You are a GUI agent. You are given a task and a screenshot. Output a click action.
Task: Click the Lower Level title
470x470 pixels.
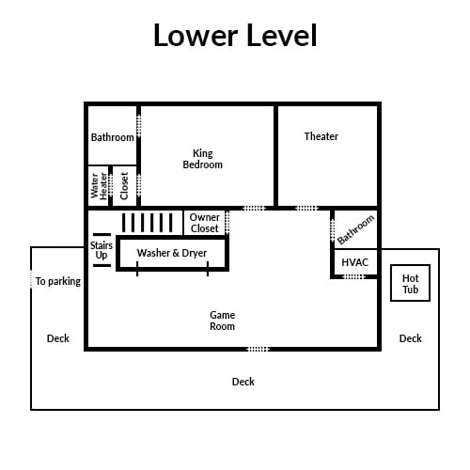[x=235, y=35]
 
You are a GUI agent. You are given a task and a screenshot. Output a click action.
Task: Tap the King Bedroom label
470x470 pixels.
[x=203, y=159]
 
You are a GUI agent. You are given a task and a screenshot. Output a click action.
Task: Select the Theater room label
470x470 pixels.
[x=321, y=136]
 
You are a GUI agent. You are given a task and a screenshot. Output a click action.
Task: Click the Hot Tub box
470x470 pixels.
[x=410, y=283]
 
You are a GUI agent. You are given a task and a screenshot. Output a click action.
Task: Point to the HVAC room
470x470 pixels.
[x=354, y=262]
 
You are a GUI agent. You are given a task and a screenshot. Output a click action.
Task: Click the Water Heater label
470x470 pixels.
[x=99, y=186]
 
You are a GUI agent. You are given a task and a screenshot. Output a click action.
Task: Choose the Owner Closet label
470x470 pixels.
[x=205, y=223]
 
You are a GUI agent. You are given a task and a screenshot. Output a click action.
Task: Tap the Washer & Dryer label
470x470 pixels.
[x=172, y=253]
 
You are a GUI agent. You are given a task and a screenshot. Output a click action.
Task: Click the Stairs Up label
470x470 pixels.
[x=102, y=250]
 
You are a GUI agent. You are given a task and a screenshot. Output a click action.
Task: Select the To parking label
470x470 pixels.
[x=58, y=281]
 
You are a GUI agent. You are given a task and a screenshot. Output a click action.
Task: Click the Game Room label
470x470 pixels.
[x=222, y=321]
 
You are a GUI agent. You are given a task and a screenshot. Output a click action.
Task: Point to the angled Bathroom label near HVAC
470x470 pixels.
[x=355, y=229]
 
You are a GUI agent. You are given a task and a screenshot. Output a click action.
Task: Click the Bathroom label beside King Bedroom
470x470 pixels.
[x=113, y=137]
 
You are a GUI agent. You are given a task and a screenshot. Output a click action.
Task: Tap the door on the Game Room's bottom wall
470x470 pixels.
[x=258, y=349]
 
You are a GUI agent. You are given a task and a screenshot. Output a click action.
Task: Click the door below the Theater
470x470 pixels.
[x=306, y=208]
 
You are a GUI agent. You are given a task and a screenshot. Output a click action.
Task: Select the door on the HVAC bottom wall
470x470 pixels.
[x=354, y=276]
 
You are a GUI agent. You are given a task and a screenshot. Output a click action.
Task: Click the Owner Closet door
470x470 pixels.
[x=227, y=223]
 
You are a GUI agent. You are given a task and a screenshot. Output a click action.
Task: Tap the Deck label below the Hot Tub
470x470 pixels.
[x=411, y=338]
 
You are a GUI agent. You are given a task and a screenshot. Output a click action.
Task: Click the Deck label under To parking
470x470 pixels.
[x=58, y=338]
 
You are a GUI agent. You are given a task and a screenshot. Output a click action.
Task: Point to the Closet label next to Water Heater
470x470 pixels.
[x=124, y=185]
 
